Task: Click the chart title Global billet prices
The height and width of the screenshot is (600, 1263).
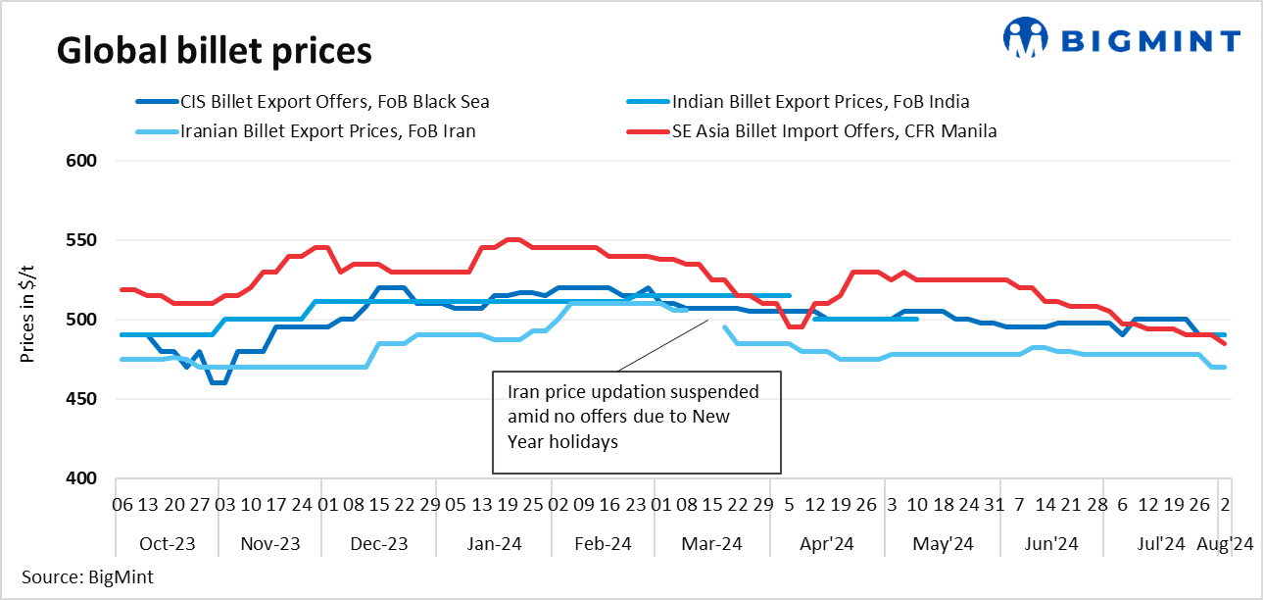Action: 214,49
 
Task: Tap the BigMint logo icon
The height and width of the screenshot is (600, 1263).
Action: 1025,38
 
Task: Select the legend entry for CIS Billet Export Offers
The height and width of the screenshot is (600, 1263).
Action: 334,101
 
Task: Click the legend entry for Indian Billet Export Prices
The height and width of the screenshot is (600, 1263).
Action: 820,101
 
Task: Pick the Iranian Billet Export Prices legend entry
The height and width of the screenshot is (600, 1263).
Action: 328,130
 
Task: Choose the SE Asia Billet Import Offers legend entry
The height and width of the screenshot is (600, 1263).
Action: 834,130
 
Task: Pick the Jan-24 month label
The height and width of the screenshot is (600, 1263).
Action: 496,543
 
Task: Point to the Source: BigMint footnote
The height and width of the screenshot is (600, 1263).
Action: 87,576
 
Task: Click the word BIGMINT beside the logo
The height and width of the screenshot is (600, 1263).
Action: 1151,40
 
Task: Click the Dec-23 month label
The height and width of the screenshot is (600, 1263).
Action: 379,543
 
